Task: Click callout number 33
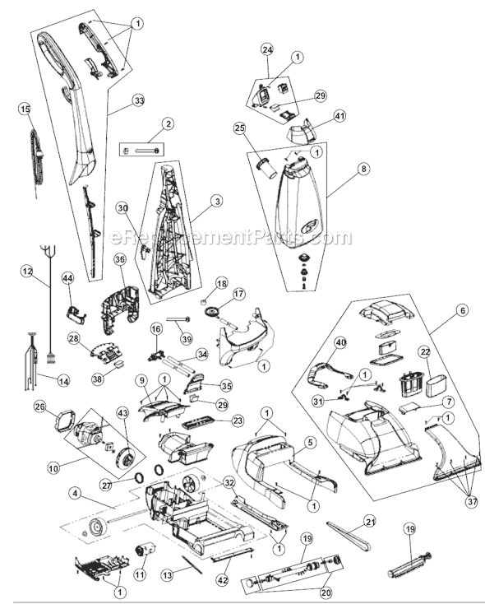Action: pos(138,100)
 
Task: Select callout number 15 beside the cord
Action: pos(25,109)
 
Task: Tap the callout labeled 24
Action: pos(267,49)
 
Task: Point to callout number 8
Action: pos(363,169)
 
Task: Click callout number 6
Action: pos(463,309)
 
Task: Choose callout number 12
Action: pos(26,272)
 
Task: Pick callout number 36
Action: pos(120,259)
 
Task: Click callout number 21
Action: pos(370,522)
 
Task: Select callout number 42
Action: pos(224,580)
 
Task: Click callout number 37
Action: pos(472,501)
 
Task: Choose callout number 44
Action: pos(69,278)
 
